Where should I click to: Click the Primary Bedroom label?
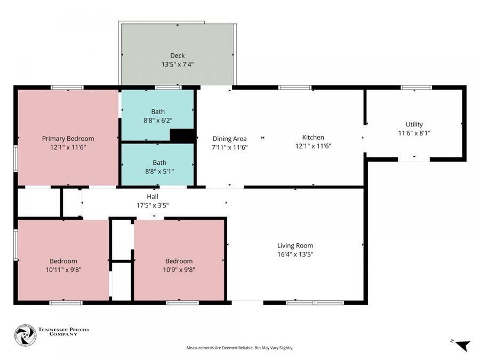68,139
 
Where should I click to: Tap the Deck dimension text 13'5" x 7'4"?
178,65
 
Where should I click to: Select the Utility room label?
414,124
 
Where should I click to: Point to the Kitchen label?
313,137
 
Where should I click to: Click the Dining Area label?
229,139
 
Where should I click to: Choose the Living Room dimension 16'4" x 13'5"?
295,254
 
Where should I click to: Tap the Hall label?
153,196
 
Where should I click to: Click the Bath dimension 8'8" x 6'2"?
158,121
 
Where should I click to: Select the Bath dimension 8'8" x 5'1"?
159,171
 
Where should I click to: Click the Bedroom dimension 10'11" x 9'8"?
63,270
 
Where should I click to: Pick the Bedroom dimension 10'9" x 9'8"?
179,270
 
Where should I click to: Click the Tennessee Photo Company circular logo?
26,335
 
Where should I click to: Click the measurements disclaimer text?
240,348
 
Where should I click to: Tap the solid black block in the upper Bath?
182,136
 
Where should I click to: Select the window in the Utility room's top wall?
417,87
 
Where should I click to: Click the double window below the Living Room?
315,303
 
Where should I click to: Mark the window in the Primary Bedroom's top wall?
67,87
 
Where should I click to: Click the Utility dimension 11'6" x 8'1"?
414,133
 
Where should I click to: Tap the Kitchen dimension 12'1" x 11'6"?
313,146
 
